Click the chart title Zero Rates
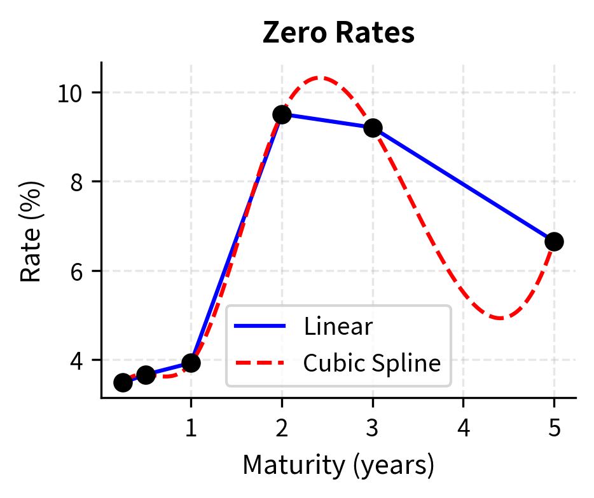click(x=338, y=34)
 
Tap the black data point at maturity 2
click(x=282, y=114)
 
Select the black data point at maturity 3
click(x=373, y=128)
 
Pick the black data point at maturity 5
click(x=554, y=241)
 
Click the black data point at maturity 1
click(x=191, y=363)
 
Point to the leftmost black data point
click(x=123, y=382)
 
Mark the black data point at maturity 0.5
click(x=146, y=375)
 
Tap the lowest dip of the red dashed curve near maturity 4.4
click(x=501, y=318)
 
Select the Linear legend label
click(x=338, y=326)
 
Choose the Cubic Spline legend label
click(x=371, y=363)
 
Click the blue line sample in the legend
click(x=260, y=326)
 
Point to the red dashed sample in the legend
click(x=260, y=363)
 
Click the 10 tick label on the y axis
click(x=71, y=93)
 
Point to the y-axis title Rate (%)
click(x=31, y=231)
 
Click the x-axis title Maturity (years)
click(x=338, y=466)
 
